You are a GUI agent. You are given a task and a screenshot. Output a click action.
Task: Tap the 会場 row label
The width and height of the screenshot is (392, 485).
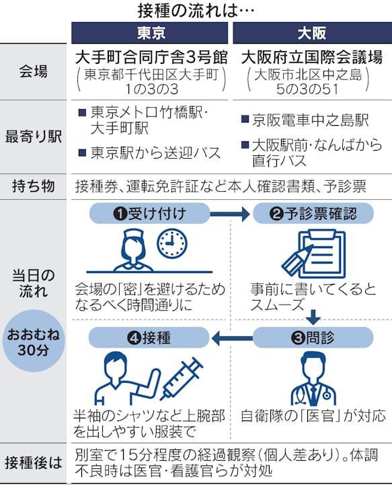(x=35, y=71)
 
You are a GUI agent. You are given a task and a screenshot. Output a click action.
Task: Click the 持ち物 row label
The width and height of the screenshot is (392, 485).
(x=35, y=186)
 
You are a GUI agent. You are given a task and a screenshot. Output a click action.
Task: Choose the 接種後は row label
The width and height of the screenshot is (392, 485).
(x=35, y=462)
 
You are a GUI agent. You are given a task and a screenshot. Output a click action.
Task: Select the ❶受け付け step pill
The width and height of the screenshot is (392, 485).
(x=149, y=214)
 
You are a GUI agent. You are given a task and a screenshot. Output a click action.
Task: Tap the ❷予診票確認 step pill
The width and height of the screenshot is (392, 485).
(x=313, y=214)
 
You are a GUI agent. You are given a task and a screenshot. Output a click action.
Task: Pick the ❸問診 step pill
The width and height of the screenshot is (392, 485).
(x=313, y=336)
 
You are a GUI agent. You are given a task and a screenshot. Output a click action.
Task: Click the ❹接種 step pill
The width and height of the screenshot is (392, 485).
(x=149, y=336)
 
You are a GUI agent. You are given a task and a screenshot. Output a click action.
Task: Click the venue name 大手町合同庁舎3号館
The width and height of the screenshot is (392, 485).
(x=151, y=56)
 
